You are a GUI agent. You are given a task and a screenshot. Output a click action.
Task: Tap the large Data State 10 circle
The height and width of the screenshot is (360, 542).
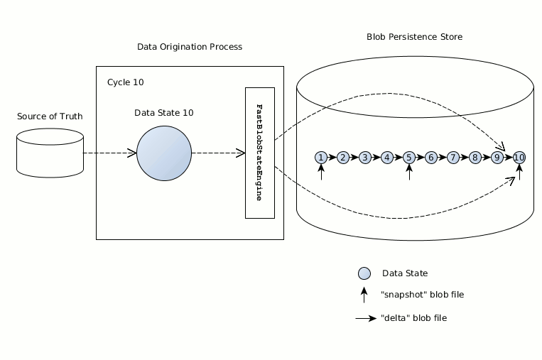pos(164,153)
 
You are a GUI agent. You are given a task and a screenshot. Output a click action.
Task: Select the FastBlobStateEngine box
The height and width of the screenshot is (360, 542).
pos(259,153)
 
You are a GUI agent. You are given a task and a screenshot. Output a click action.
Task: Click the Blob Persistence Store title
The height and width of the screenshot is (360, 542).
pos(415,36)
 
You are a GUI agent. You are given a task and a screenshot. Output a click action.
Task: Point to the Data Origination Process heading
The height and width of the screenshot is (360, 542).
pos(190,47)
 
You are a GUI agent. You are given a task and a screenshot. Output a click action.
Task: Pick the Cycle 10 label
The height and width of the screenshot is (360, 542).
pos(126,82)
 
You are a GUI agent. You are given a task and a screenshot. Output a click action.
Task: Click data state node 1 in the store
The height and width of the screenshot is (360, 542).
pos(322,157)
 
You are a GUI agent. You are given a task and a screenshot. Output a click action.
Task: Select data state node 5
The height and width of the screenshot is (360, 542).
pos(409,157)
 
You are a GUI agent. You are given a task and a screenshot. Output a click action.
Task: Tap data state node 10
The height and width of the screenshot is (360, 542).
pos(519,157)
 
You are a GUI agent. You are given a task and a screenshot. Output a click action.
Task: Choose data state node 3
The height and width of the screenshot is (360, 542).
pos(365,157)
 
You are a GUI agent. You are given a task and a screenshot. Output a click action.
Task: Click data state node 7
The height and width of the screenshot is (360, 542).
pos(452,157)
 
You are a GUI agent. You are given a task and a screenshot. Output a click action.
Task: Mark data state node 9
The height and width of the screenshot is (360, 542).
pos(497,157)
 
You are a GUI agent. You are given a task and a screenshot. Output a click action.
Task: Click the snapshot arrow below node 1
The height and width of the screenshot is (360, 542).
pos(322,173)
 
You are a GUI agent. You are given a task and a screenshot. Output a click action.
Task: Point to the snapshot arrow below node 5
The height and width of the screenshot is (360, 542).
pos(409,173)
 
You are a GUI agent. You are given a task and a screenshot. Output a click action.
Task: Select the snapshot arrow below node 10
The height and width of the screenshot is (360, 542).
pos(519,173)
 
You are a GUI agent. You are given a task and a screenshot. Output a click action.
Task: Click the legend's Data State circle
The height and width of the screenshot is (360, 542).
pos(364,273)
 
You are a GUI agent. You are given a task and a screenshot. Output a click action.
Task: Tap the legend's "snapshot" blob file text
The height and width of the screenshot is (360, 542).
pos(417,295)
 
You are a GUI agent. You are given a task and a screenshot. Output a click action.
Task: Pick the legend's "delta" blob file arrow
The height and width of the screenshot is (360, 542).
pos(366,319)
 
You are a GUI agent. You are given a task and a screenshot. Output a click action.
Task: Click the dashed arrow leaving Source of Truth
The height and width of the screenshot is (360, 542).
pos(109,153)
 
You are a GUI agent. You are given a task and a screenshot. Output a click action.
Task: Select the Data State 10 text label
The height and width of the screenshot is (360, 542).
pos(164,113)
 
